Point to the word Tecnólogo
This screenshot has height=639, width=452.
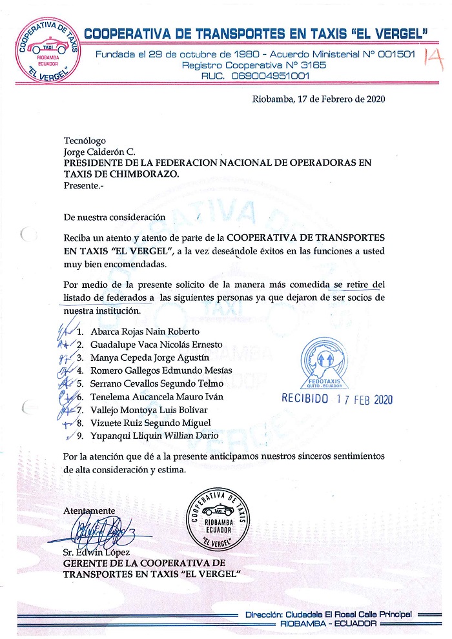pyautogui.click(x=84, y=141)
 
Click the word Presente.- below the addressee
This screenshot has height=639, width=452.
pyautogui.click(x=83, y=185)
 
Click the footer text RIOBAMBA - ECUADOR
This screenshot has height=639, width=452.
pyautogui.click(x=329, y=624)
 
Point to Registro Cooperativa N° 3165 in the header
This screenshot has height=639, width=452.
pyautogui.click(x=254, y=65)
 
